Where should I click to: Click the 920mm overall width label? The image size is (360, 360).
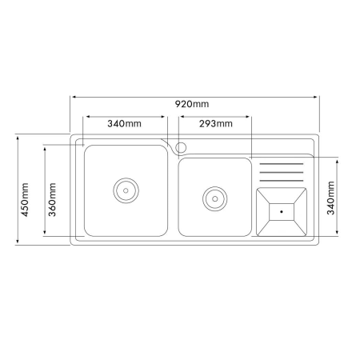tap(192, 104)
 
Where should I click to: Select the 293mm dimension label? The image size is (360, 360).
tap(216, 123)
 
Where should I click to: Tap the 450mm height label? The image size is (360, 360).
tap(25, 200)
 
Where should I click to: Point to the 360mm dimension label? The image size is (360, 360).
tap(52, 200)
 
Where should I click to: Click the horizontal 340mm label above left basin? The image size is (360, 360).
tap(124, 123)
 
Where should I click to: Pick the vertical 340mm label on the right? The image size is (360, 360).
tap(330, 198)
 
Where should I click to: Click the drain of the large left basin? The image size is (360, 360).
tap(126, 190)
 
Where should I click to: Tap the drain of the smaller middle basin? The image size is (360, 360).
tap(215, 199)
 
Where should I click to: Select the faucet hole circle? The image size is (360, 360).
tap(181, 147)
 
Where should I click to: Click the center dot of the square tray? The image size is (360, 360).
tap(282, 212)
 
